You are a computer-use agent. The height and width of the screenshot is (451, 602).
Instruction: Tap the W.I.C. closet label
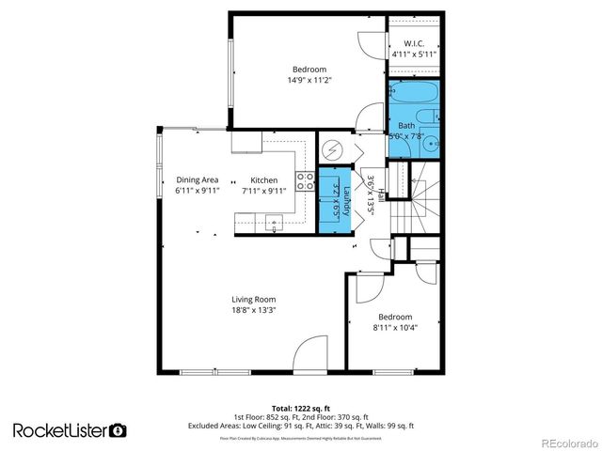pyautogui.click(x=413, y=44)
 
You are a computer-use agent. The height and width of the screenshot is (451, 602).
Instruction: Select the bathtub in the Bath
pyautogui.click(x=413, y=95)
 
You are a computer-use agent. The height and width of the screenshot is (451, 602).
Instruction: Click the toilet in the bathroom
pyautogui.click(x=425, y=116)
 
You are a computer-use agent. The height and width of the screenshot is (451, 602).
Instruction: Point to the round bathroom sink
pyautogui.click(x=432, y=145)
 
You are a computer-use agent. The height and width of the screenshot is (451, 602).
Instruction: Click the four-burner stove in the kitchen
pyautogui.click(x=306, y=180)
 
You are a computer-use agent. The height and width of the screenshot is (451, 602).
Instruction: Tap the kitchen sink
pyautogui.click(x=275, y=222)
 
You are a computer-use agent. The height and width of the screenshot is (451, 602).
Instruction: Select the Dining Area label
pyautogui.click(x=198, y=179)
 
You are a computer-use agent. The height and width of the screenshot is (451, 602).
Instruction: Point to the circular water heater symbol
pyautogui.click(x=332, y=150)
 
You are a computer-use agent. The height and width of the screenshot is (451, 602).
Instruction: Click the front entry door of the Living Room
pyautogui.click(x=310, y=357)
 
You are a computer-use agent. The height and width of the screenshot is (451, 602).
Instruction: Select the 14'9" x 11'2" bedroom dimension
pyautogui.click(x=309, y=80)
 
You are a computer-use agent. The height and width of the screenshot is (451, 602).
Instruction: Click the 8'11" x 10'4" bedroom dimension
pyautogui.click(x=395, y=328)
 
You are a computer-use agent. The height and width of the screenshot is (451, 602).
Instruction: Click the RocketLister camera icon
pyautogui.click(x=119, y=430)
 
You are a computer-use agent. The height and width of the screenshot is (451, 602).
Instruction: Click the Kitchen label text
pyautogui.click(x=263, y=179)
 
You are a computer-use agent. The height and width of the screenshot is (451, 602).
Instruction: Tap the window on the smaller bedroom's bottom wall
pyautogui.click(x=395, y=373)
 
